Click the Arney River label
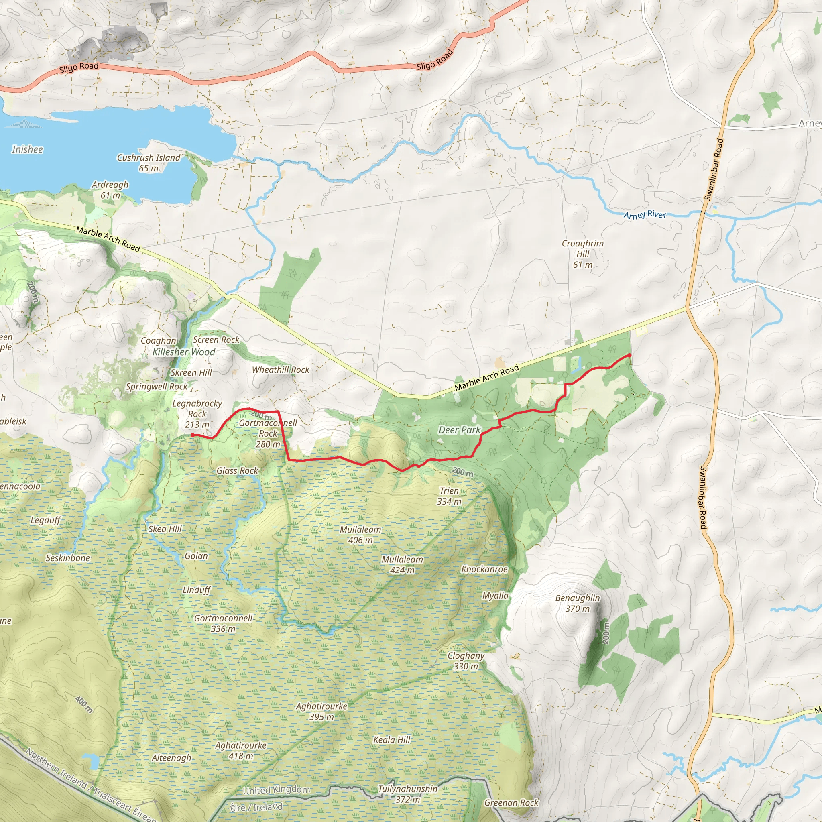(x=644, y=215)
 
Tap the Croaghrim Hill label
(x=582, y=254)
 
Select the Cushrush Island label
(x=149, y=163)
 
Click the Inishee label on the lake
(x=27, y=149)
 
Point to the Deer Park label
(x=460, y=430)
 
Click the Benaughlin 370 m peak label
(x=577, y=603)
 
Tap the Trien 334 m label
(x=449, y=496)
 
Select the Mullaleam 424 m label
(x=402, y=565)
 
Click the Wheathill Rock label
(x=281, y=370)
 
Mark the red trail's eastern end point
(x=629, y=355)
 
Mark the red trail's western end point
(x=192, y=435)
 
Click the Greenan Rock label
(x=511, y=802)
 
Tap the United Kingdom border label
(x=276, y=790)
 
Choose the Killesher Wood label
(x=184, y=352)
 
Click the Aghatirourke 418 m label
(x=241, y=751)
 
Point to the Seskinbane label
(x=68, y=558)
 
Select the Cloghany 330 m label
(x=466, y=661)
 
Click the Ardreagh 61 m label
(x=110, y=190)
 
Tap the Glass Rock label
(x=237, y=470)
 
